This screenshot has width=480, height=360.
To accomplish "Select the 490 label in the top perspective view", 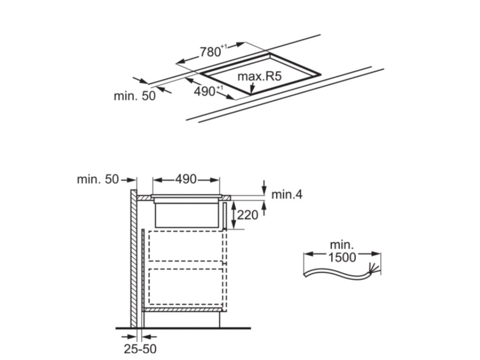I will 204,91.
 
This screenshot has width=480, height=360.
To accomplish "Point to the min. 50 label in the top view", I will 134,96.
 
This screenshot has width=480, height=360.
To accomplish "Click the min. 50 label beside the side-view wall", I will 97,180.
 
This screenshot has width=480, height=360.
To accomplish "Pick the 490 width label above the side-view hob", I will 186,180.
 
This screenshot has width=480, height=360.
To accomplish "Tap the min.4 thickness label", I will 287,194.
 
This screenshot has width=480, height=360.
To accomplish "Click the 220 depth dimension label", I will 248,215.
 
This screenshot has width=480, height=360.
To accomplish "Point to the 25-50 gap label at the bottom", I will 140,349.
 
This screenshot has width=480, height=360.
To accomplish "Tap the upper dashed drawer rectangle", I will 187,246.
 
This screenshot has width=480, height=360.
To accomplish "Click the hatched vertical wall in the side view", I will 134,258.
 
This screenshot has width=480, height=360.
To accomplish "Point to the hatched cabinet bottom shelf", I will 183,310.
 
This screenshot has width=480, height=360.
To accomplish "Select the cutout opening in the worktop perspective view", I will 260,75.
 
